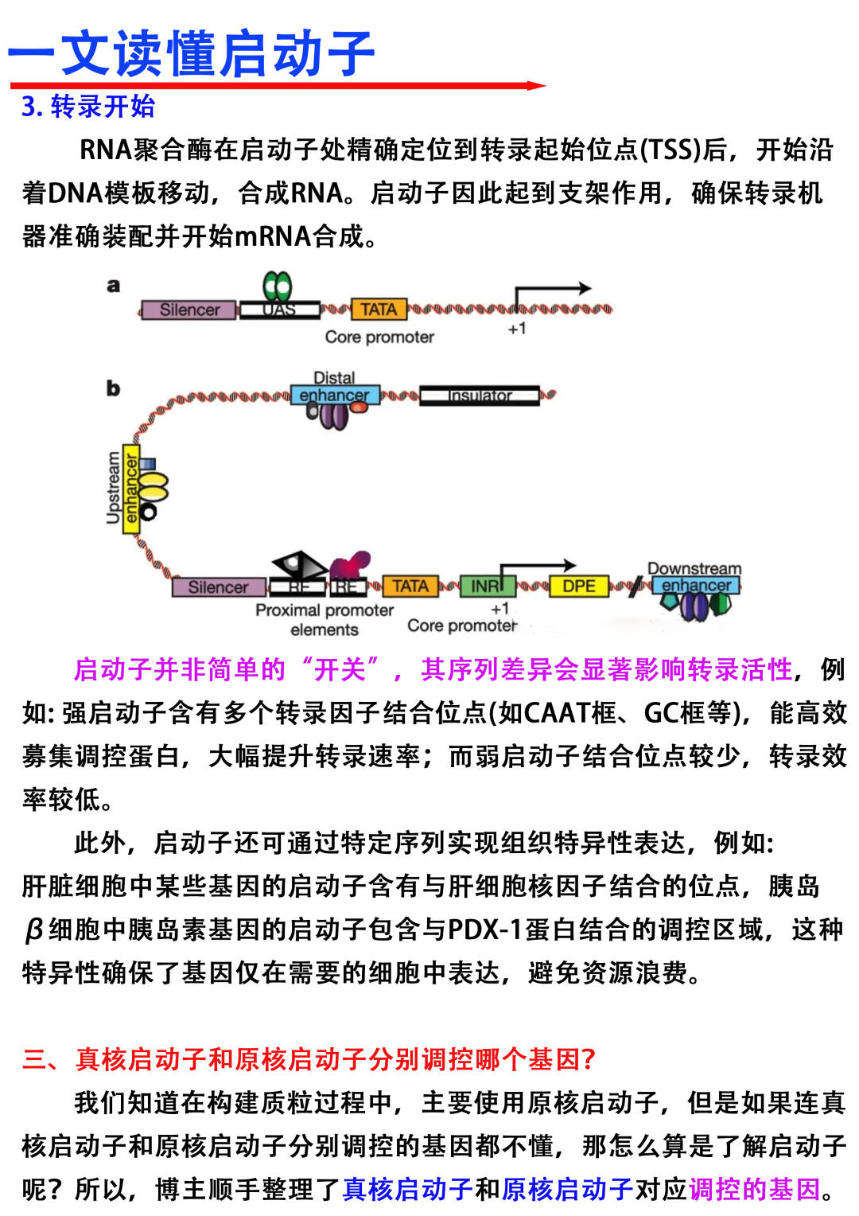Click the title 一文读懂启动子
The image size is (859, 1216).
(191, 54)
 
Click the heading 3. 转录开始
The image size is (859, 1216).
(88, 107)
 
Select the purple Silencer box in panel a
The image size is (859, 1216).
(189, 310)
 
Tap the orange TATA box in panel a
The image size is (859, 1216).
(379, 309)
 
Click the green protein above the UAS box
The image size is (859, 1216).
(278, 286)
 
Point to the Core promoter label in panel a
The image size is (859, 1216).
(379, 337)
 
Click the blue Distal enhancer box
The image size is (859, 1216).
(334, 395)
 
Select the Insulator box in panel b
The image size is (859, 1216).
(479, 396)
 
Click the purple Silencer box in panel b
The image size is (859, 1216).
(219, 587)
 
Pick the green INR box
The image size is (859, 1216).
(487, 587)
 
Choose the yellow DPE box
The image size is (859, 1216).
(579, 587)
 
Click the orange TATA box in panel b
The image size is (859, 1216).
(410, 587)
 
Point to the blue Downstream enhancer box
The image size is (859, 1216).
(696, 586)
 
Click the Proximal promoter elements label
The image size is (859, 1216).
(325, 620)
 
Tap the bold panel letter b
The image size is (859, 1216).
(113, 388)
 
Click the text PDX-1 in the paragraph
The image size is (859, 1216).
(485, 929)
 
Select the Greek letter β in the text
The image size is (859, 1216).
(33, 930)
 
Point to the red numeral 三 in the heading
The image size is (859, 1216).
(35, 1059)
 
